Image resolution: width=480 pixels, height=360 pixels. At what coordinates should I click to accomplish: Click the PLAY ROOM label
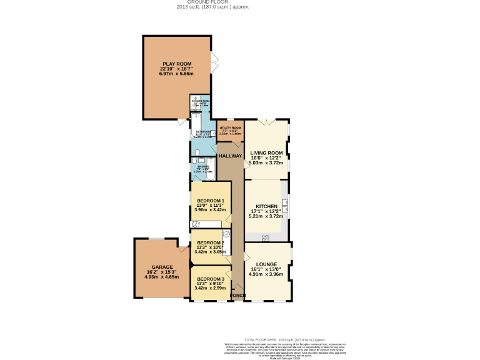click(x=176, y=64)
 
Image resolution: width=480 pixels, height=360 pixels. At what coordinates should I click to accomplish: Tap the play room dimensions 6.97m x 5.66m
click(x=176, y=74)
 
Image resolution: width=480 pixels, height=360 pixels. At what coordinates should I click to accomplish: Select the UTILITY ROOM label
click(x=230, y=127)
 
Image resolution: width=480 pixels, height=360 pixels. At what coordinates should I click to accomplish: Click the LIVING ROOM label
click(x=267, y=152)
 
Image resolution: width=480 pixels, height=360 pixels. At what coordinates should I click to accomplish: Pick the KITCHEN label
click(x=267, y=205)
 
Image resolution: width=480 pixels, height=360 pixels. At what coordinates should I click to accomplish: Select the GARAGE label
click(x=162, y=267)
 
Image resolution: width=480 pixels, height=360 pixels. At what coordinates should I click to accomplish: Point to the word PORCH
click(x=237, y=295)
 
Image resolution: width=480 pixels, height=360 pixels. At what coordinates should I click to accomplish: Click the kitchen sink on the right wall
click(x=285, y=204)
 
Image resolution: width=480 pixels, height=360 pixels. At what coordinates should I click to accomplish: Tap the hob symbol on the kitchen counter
click(x=266, y=237)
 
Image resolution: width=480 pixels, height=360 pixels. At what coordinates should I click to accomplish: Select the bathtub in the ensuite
click(x=211, y=167)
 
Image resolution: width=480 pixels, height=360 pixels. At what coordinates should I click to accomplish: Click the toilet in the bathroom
click(x=197, y=152)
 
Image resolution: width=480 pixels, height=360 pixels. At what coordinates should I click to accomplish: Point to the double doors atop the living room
click(x=267, y=120)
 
